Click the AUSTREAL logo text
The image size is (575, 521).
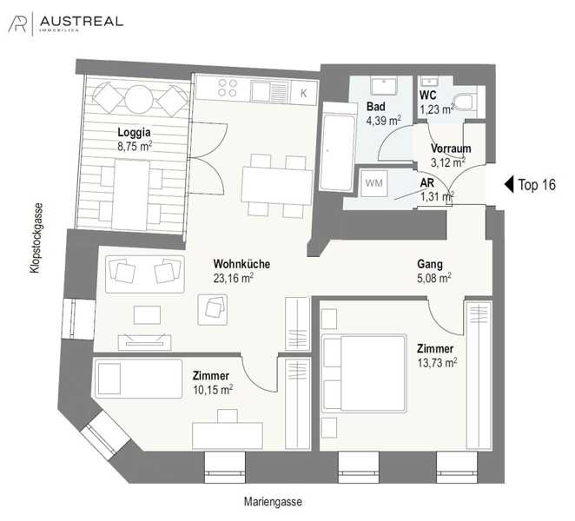click(x=82, y=21)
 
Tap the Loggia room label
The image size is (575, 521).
click(x=135, y=133)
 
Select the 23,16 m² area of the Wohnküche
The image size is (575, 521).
click(x=235, y=278)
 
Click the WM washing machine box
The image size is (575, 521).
click(x=373, y=184)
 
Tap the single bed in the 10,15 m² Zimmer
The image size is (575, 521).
click(x=130, y=379)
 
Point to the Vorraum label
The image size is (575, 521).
click(x=451, y=148)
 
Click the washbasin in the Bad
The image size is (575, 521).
click(x=383, y=87)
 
